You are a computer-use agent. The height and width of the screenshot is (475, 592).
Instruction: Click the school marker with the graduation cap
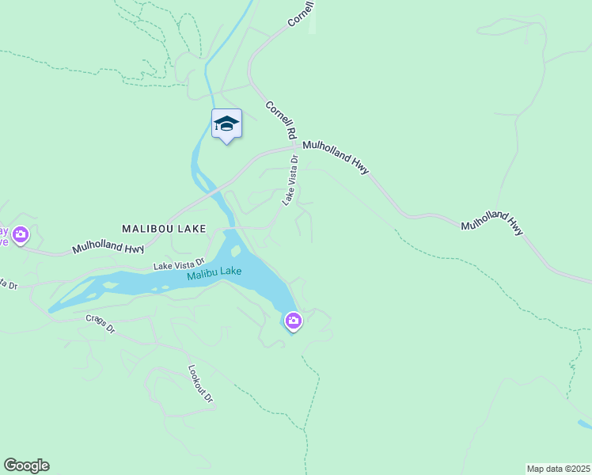click(x=226, y=124)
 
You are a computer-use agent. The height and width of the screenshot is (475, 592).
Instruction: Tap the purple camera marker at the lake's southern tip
click(x=294, y=321)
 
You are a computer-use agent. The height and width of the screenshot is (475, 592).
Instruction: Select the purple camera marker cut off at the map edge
click(x=19, y=234)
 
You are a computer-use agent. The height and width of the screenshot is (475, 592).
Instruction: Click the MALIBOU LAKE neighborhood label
click(x=164, y=228)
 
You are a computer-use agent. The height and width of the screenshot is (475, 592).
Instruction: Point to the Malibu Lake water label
click(x=214, y=274)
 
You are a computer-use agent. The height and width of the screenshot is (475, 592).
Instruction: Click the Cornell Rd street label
click(x=281, y=117)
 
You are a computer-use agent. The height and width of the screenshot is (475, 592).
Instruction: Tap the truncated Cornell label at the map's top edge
click(x=302, y=13)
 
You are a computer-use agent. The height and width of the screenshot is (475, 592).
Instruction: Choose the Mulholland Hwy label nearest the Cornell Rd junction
click(x=336, y=152)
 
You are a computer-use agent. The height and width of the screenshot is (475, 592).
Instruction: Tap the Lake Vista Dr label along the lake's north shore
click(x=178, y=263)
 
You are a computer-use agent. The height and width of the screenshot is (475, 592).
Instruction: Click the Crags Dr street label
click(x=101, y=324)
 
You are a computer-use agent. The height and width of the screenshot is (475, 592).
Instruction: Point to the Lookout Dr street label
click(x=201, y=384)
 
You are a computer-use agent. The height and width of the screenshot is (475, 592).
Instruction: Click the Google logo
click(x=26, y=465)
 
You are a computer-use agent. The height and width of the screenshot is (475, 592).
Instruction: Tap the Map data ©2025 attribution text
click(x=559, y=468)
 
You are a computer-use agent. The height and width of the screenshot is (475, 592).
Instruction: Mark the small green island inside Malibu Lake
click(x=235, y=253)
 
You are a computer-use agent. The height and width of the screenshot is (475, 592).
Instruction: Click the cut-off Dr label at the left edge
click(x=8, y=283)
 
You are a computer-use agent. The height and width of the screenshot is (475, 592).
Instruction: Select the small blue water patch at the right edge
click(x=585, y=424)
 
